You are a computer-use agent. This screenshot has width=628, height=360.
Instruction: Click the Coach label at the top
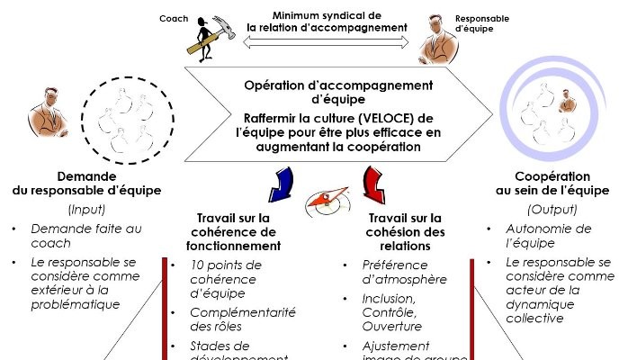pos(174,18)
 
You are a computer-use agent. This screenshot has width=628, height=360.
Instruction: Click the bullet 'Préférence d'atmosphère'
pos(404,272)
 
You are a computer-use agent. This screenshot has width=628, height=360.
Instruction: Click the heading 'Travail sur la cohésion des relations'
pos(407,231)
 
